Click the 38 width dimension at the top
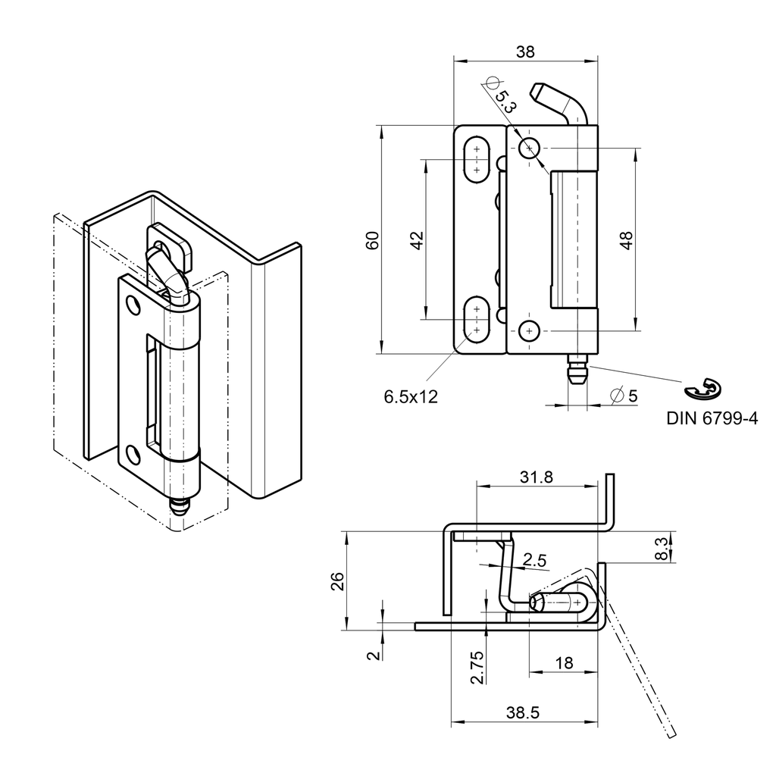524,52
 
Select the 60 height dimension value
373,240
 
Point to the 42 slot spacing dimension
416,240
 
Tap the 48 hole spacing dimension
626,240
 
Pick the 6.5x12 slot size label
411,396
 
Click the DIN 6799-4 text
712,418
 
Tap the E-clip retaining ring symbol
702,388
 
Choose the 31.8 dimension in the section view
537,477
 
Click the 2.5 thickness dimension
535,560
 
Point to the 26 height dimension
338,580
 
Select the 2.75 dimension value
477,667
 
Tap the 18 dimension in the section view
564,663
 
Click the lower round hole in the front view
529,330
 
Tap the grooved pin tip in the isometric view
180,508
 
